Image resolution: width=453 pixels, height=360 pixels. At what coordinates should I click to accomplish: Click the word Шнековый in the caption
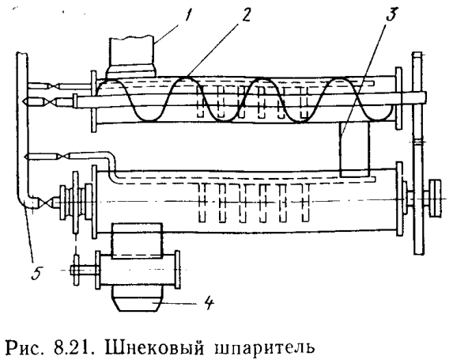coord(155,346)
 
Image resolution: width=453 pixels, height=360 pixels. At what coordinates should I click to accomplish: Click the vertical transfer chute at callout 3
coord(355,150)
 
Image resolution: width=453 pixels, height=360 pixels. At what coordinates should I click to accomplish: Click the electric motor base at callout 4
coord(136,299)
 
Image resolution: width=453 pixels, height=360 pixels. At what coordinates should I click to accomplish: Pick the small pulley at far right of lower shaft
coord(435,198)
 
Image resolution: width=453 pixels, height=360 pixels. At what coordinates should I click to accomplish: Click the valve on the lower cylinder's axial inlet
coord(45,203)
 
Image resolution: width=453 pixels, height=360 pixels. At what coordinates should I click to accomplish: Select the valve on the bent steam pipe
coord(63,157)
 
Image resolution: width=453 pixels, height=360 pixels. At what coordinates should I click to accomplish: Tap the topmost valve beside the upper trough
coord(53,86)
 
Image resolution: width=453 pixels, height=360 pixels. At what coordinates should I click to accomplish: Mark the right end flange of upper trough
coord(398,98)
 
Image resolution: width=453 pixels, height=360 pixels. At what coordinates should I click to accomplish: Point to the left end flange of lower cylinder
coord(94,202)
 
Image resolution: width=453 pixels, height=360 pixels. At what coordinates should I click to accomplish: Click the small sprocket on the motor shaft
coord(76,271)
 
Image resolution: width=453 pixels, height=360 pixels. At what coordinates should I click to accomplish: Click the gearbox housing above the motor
coord(137,241)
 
